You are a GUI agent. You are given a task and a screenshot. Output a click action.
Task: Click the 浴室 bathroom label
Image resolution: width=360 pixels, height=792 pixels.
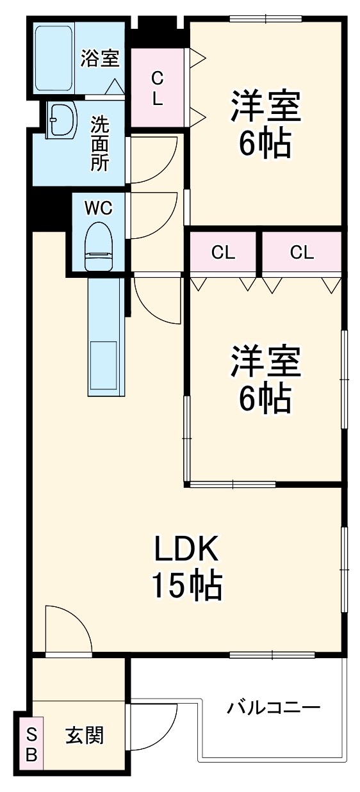tap(99, 59)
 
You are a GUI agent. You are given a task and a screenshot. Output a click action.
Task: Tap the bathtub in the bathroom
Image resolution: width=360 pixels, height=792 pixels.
tap(55, 58)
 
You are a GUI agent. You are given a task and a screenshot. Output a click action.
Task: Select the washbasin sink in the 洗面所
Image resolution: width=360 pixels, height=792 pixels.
tap(63, 119)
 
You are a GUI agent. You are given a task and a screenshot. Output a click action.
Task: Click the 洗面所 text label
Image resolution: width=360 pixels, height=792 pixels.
tap(99, 143)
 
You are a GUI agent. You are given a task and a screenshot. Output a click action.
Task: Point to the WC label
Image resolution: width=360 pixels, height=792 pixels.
tap(99, 207)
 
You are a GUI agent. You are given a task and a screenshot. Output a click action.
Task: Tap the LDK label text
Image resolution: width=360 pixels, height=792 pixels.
tap(186, 548)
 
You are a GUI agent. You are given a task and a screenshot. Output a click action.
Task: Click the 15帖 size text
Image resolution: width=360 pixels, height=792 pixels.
tap(186, 585)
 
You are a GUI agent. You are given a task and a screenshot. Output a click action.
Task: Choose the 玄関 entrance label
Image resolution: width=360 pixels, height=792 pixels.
tap(84, 735)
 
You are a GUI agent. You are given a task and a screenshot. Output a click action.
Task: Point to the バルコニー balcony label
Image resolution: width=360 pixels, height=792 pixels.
tap(273, 708)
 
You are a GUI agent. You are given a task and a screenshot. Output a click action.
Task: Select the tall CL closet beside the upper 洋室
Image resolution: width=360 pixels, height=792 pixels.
tap(157, 88)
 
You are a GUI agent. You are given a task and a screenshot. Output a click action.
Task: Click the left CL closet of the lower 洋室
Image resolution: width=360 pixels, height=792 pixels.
tap(223, 252)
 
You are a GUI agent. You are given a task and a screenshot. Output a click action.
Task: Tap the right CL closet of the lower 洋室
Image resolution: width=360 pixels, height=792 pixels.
tap(302, 252)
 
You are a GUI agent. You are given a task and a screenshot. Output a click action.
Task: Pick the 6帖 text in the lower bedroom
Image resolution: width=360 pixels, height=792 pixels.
tap(265, 400)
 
